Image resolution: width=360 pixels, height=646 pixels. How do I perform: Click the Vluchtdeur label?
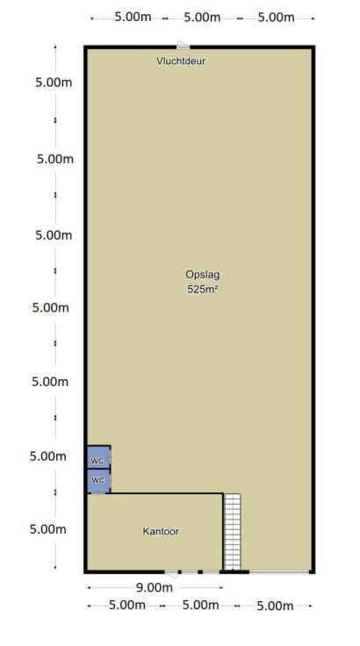coord(181,61)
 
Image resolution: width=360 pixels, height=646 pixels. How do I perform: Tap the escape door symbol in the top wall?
coord(183,45)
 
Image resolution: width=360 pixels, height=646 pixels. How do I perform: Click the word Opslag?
coord(202,275)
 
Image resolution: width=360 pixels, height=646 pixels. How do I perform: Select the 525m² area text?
coord(202,290)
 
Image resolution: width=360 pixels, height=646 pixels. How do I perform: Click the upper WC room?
coord(98,457)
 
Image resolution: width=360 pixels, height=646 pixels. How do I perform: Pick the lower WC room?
coord(98,481)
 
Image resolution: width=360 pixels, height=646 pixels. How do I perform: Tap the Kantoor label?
coord(161,532)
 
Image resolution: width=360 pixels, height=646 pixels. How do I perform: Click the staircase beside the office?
coord(233,532)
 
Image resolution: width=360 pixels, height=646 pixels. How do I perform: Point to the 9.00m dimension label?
coord(155,587)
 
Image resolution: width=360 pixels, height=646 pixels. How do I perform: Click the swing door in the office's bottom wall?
coord(171,573)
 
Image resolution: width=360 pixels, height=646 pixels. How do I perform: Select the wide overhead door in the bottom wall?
coord(279,572)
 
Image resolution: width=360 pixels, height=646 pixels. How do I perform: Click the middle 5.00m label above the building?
coord(202,18)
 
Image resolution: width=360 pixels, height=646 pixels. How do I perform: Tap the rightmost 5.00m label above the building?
coord(276,18)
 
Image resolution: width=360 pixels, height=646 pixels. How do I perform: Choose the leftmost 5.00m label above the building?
coord(133,18)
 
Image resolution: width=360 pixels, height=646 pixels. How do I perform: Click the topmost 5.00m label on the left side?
coord(54,83)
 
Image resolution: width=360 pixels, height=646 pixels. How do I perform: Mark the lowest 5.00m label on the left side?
coord(47,529)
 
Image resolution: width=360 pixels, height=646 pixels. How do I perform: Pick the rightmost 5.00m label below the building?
coord(275,606)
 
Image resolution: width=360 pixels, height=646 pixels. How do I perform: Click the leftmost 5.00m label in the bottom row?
coord(127,606)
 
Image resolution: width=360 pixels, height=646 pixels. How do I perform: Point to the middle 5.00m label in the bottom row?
coord(200,606)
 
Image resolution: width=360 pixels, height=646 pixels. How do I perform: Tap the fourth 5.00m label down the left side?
coord(50,308)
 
